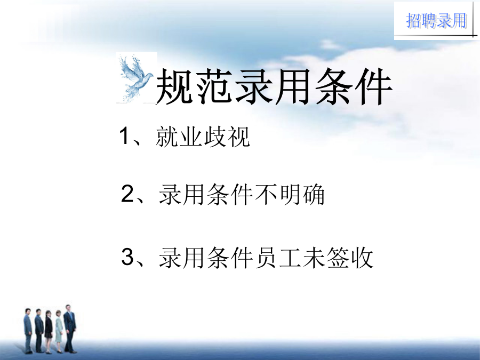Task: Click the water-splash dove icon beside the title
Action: point(136,78)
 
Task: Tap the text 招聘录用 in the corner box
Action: point(436,21)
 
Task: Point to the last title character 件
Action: point(373,87)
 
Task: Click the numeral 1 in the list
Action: point(124,135)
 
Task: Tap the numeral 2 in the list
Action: point(127,194)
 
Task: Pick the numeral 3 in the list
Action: point(127,257)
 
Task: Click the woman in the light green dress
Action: point(59,331)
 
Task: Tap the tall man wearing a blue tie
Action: point(70,329)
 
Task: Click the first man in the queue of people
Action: point(28,331)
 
